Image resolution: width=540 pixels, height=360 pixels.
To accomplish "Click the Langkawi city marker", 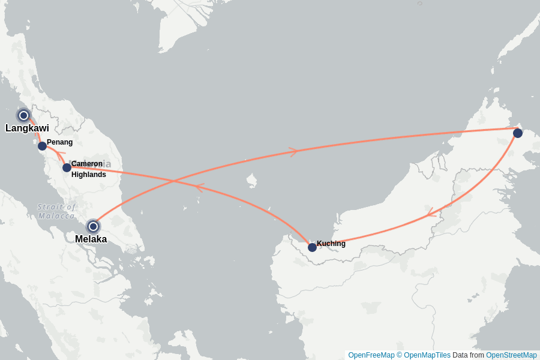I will (x=23, y=115).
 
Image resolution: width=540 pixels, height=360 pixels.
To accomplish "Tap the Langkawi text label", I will (x=27, y=128).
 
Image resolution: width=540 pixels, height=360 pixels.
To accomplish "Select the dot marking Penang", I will (x=42, y=146).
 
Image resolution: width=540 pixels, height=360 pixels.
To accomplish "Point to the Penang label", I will (x=59, y=142).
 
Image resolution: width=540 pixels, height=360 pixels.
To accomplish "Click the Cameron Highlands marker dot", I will (x=67, y=167).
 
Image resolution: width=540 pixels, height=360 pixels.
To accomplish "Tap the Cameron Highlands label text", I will (x=88, y=169).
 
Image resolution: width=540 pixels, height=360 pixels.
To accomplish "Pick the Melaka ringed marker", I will (x=93, y=226).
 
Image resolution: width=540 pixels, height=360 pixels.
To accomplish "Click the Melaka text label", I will (x=91, y=239).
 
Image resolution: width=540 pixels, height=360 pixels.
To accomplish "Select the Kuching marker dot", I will (x=312, y=247).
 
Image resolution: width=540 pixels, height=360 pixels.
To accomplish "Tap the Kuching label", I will (x=331, y=244).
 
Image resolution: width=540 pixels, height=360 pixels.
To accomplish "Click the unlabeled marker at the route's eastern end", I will (x=518, y=133).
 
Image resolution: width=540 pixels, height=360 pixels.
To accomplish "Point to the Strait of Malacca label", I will (x=56, y=211).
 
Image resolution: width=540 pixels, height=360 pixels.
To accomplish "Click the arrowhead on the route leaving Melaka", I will (x=293, y=152).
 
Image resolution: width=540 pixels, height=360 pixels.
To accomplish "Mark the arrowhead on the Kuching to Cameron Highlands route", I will (x=199, y=187).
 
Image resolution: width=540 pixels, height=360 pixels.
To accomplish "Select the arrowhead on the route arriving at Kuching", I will (x=430, y=213).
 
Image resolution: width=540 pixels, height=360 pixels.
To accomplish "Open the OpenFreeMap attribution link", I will (x=371, y=355).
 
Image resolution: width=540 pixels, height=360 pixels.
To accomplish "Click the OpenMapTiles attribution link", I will (x=427, y=355).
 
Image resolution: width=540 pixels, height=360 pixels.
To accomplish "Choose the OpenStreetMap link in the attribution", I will (x=511, y=355).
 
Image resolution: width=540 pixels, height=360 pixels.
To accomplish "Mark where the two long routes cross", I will (x=174, y=180).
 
